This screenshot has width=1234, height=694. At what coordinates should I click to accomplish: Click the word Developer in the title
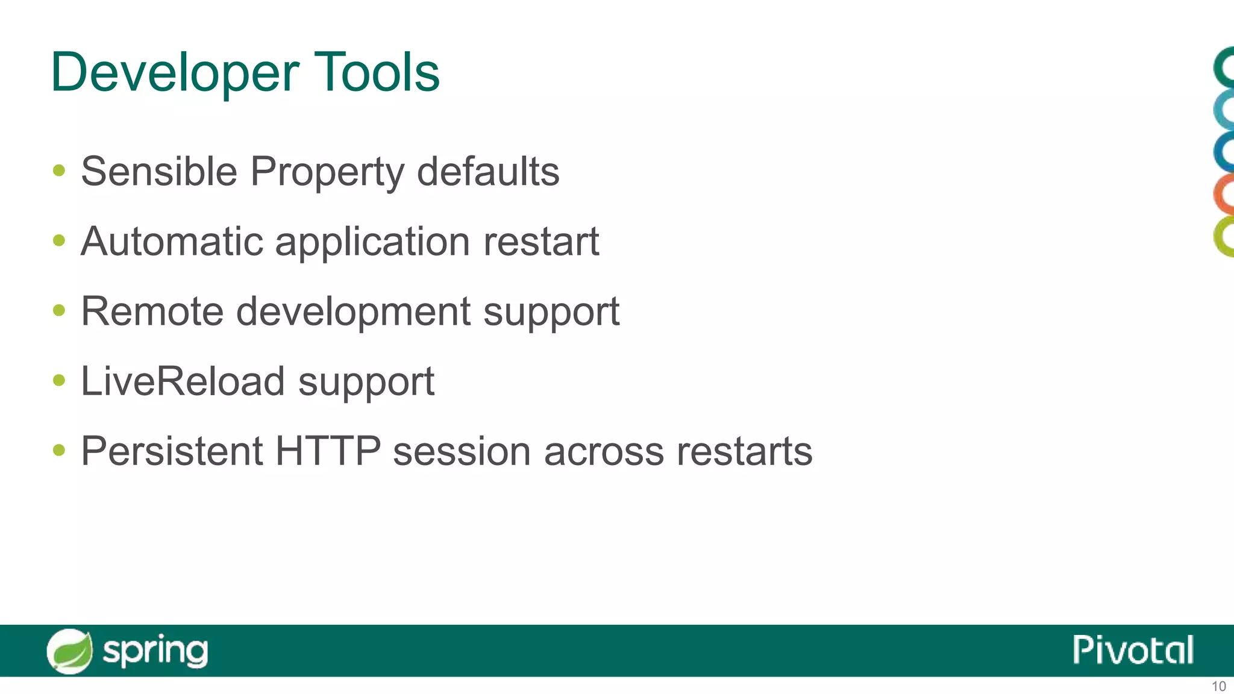(175, 72)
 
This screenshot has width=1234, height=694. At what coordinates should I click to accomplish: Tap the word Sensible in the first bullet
(159, 172)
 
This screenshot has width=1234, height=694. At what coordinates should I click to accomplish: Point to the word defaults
(488, 172)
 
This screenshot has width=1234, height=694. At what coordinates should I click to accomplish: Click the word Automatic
(172, 242)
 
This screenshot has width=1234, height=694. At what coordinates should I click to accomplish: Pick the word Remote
(152, 312)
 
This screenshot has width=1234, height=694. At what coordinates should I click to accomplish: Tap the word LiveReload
(183, 381)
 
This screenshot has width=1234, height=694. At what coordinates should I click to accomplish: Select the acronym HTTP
(328, 451)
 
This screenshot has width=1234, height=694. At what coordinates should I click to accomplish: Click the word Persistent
(172, 451)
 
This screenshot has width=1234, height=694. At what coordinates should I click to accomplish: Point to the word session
(462, 451)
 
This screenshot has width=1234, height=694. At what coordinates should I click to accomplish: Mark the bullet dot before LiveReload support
(59, 380)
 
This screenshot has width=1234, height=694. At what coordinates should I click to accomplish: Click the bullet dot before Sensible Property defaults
(59, 170)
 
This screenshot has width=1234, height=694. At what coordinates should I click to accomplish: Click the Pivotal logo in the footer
(1133, 650)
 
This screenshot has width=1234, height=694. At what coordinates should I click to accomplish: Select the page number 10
(1218, 686)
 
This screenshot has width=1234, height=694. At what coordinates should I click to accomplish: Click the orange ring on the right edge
(1223, 194)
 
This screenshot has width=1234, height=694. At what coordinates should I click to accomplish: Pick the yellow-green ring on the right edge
(1223, 237)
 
